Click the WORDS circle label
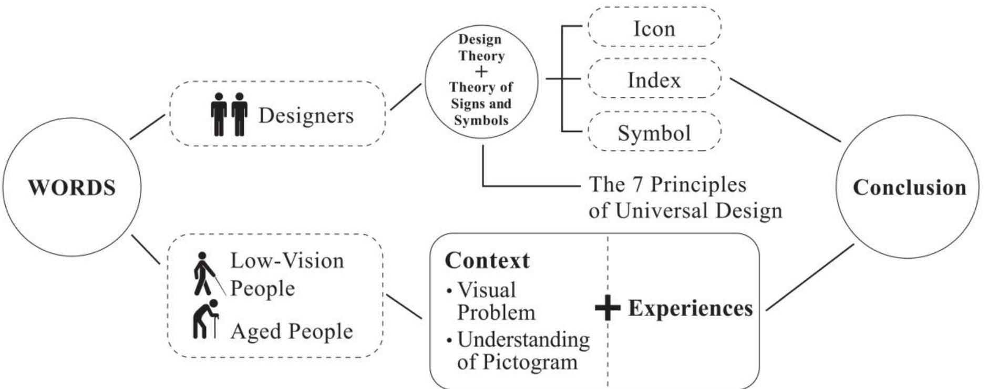click(71, 188)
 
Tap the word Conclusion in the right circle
click(909, 188)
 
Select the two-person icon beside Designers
click(229, 114)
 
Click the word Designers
click(306, 115)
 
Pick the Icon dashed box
click(654, 28)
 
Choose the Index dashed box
click(654, 79)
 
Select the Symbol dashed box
click(654, 132)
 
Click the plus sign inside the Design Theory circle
click(480, 71)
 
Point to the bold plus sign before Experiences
click(608, 308)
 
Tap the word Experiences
click(690, 308)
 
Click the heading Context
click(487, 261)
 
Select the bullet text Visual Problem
click(489, 301)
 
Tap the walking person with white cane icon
click(206, 273)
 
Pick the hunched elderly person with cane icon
click(204, 319)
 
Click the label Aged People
click(292, 331)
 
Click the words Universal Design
click(698, 211)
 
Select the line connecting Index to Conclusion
click(785, 110)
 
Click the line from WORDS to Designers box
click(148, 127)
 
